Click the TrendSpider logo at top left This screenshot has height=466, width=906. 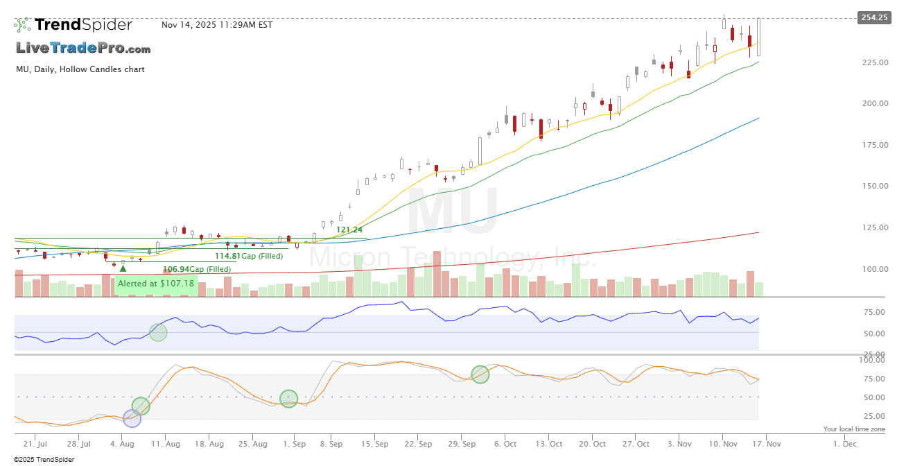[73, 25]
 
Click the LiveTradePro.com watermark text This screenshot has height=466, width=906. [83, 49]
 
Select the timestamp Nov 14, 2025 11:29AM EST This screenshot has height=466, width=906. [217, 25]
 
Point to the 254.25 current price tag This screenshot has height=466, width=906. [873, 17]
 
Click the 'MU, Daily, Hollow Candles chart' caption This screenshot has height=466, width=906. [80, 69]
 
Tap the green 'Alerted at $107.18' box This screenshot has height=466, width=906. [156, 284]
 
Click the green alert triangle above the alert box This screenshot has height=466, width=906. [123, 268]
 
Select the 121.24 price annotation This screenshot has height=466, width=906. [349, 230]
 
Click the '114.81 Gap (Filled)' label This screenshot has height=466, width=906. [248, 256]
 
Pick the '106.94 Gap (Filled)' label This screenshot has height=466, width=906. [196, 269]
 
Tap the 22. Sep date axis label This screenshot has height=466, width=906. [419, 444]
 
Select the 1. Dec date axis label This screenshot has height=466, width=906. [844, 444]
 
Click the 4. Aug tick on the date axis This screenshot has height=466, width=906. [122, 444]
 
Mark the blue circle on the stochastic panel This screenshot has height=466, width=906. [132, 418]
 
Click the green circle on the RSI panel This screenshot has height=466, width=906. [159, 333]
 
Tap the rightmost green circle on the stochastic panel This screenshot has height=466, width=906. [480, 374]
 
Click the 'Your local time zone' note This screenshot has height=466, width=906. [854, 429]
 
